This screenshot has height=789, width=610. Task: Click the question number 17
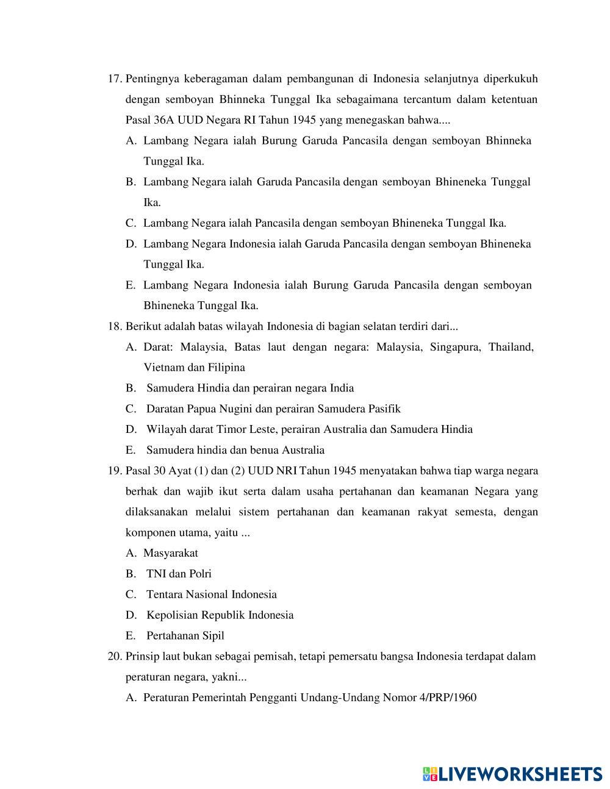[x=115, y=79]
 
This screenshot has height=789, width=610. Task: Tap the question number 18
[x=115, y=326]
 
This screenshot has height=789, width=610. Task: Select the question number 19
[x=115, y=471]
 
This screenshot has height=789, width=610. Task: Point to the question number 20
[x=115, y=657]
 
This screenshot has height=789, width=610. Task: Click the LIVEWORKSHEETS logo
[x=512, y=774]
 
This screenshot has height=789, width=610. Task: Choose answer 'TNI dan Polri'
[x=179, y=574]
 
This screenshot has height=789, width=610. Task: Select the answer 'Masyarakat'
[x=171, y=553]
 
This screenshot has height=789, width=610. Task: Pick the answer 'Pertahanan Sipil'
[x=185, y=636]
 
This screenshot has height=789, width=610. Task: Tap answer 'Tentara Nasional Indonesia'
[x=212, y=594]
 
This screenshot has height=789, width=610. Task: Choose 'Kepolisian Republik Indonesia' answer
[x=220, y=615]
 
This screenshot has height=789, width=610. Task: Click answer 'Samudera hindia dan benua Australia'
[x=235, y=450]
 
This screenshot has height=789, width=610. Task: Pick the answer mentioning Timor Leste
[x=309, y=429]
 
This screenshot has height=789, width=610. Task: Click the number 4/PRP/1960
[x=448, y=698]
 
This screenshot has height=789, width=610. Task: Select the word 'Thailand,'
[x=511, y=347]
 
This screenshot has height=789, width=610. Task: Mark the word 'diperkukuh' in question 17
[x=511, y=79]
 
